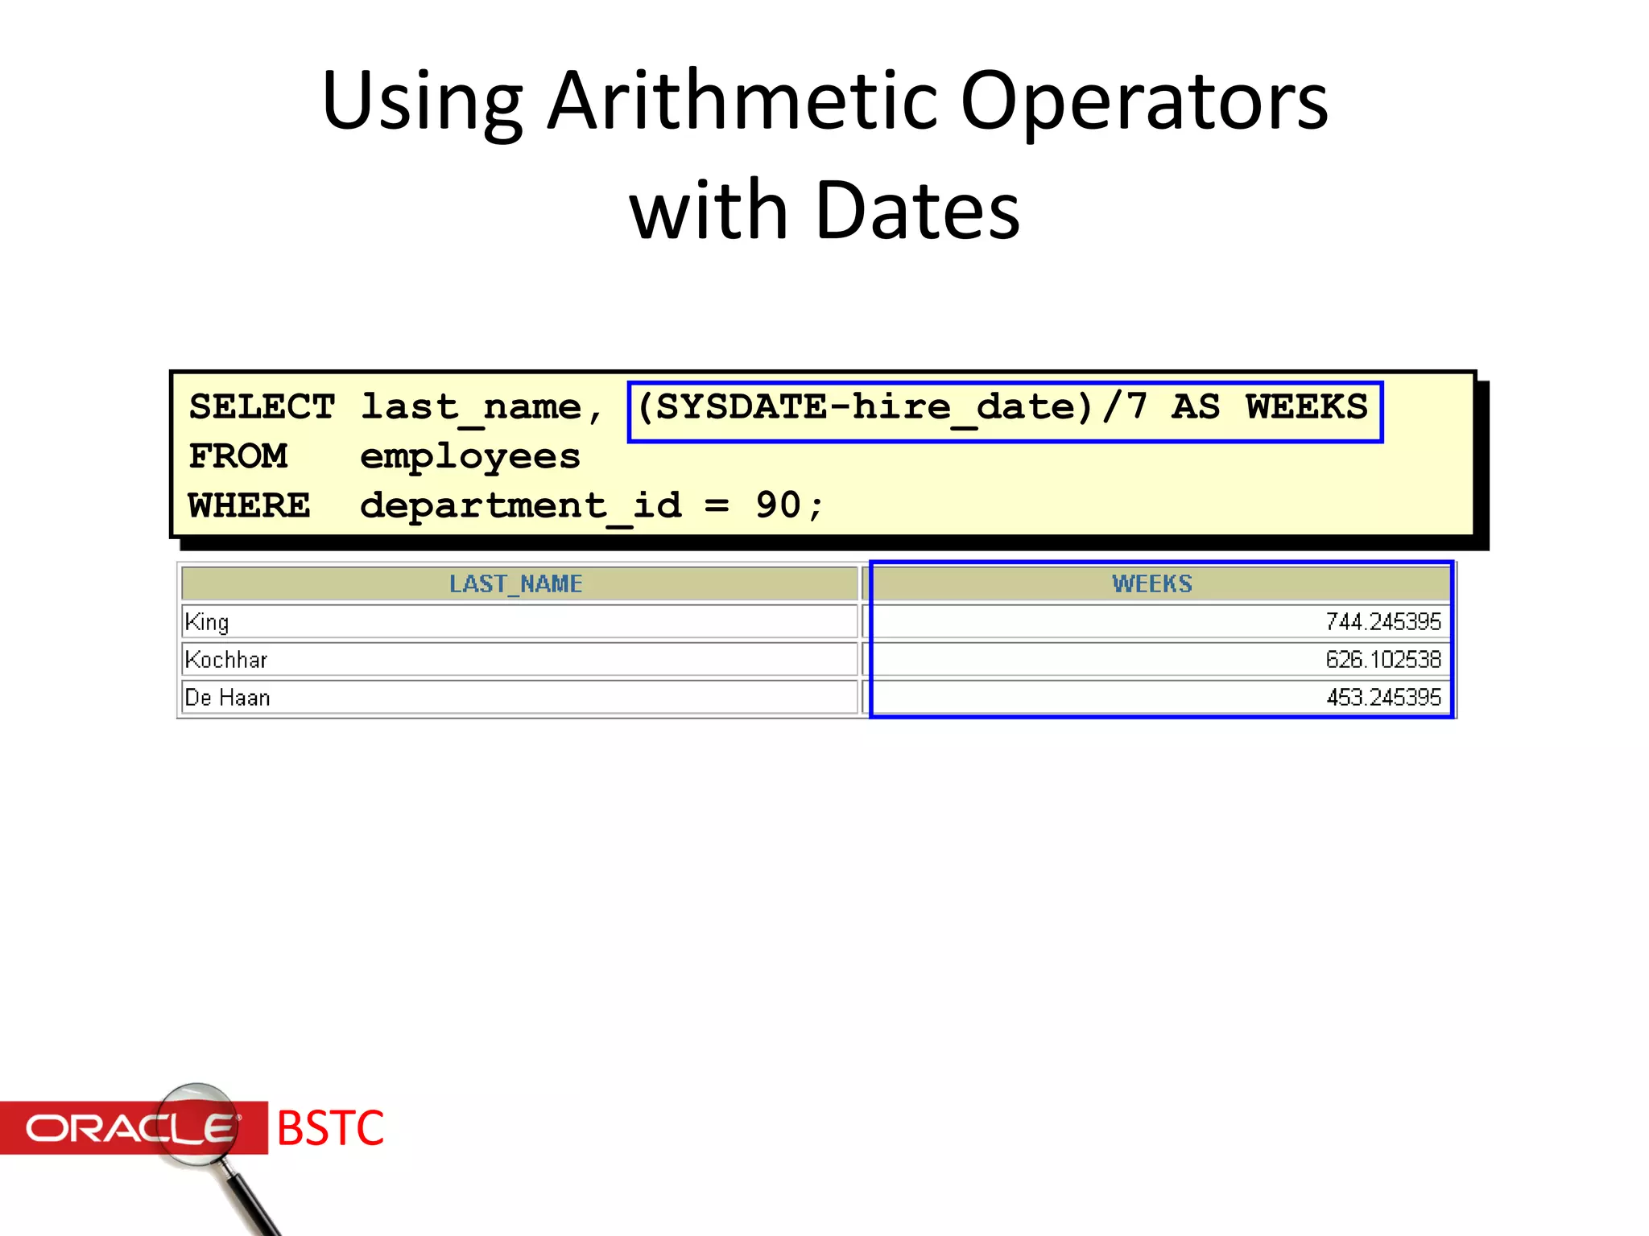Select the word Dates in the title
[918, 211]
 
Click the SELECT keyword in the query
[262, 407]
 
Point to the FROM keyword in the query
[238, 457]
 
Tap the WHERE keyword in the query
[249, 506]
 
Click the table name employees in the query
[469, 457]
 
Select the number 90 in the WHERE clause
[778, 506]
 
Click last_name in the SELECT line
[471, 407]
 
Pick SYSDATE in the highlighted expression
[741, 407]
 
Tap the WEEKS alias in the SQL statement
[1306, 407]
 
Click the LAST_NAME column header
[515, 584]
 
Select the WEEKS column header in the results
[1151, 584]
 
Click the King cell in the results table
[207, 622]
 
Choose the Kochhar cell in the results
[226, 660]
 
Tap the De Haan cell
[227, 698]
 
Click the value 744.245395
[1382, 622]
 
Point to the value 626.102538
[1382, 660]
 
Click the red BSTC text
[330, 1128]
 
